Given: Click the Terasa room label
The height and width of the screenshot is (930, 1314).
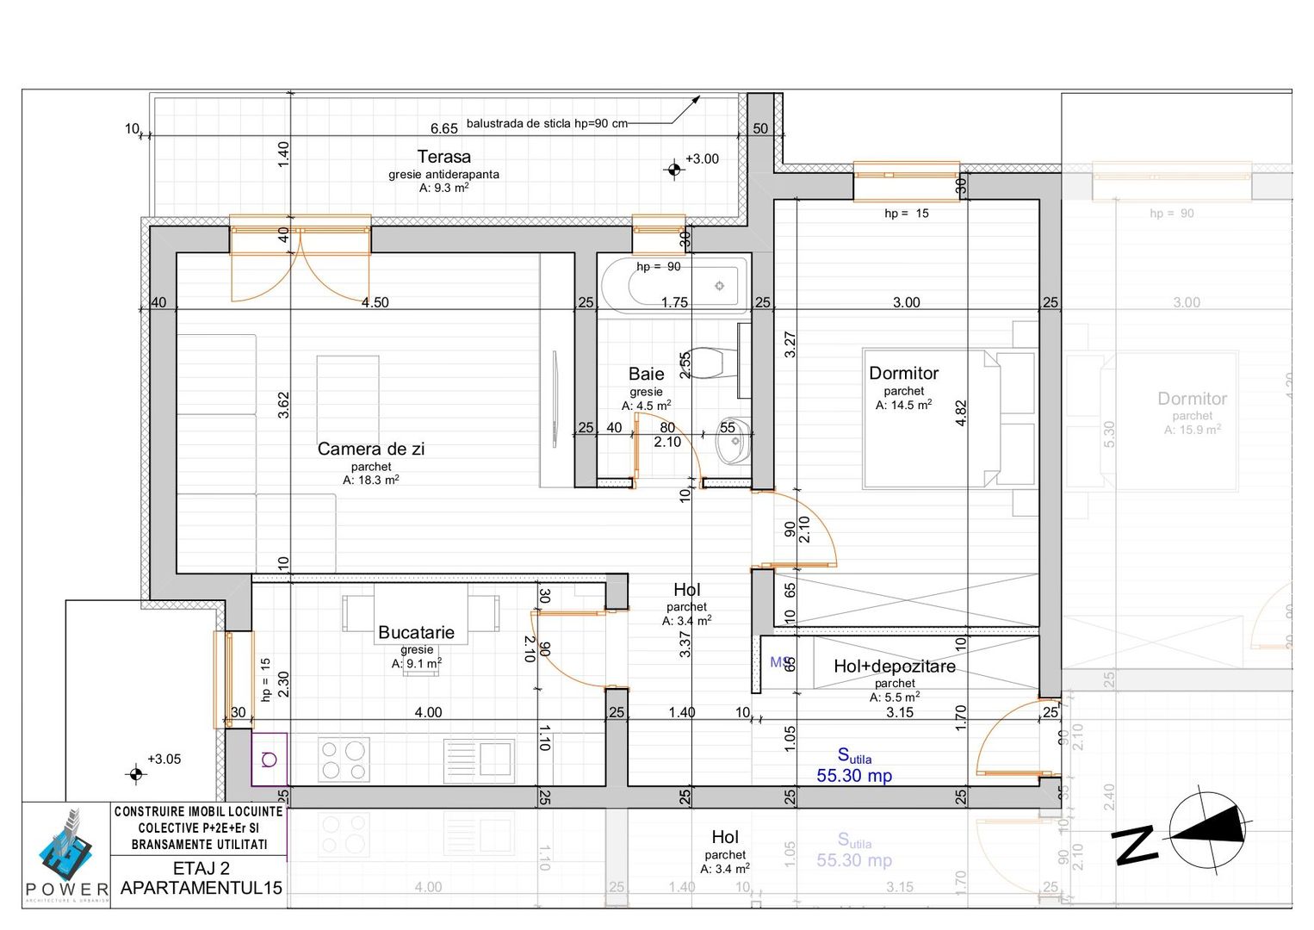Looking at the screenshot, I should [443, 157].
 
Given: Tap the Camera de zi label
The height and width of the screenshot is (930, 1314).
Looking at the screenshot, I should [370, 449].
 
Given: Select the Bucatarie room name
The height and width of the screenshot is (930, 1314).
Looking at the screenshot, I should [416, 633].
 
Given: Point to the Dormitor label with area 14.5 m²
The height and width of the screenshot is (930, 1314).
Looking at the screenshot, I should [903, 374].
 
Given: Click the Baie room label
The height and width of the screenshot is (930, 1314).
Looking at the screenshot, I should [646, 374].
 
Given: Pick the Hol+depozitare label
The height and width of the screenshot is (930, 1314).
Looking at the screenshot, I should [894, 666].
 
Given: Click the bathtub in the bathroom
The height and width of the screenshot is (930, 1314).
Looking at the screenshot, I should [673, 285].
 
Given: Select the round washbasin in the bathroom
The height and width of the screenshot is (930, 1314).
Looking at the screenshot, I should [733, 444].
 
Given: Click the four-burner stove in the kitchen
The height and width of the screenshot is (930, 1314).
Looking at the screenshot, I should [344, 759].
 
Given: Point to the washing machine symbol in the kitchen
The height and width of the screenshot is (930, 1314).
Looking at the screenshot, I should [270, 759].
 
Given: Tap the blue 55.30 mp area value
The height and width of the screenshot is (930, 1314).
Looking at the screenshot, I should [853, 776].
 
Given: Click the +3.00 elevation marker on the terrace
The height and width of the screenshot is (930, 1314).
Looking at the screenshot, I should [674, 169].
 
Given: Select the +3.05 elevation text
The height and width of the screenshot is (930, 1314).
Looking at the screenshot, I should [164, 759].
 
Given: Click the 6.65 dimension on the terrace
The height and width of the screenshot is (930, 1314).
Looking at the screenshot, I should [443, 129].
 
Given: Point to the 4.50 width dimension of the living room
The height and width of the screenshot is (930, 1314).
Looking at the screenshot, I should [375, 303].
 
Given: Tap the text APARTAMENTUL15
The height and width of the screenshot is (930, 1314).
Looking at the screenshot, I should [201, 888].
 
